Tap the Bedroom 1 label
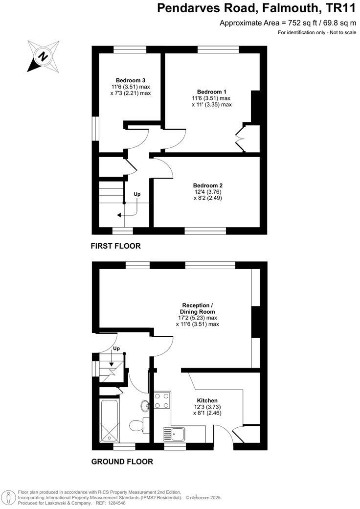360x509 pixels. [x=212, y=92]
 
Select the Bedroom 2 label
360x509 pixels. [x=208, y=185]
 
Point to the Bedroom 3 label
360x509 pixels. [x=131, y=80]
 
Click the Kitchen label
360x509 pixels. [x=207, y=400]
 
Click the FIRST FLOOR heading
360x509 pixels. [x=116, y=246]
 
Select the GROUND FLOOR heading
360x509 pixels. [x=122, y=462]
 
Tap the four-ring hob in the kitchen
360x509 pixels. [x=162, y=400]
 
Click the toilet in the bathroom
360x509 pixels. [x=140, y=424]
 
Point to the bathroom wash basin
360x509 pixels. [x=146, y=406]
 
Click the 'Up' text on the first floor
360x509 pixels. [x=137, y=194]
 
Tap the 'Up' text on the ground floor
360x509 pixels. [x=116, y=348]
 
